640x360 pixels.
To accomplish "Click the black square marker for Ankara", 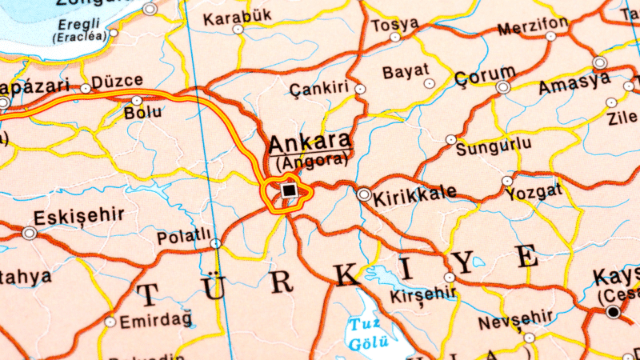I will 289,190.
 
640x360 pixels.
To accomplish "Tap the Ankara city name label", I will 310,143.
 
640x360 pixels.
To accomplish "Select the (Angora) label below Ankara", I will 311,160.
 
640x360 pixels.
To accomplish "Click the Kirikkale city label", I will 416,193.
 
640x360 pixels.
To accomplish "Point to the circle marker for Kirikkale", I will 364,194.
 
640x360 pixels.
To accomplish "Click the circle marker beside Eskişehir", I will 30,233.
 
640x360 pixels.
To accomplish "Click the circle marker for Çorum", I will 503,86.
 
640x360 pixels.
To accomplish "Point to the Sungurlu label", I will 498,143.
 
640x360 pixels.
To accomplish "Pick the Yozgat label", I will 538,190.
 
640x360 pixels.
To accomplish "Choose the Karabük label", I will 238,17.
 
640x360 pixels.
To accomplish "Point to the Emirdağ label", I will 156,321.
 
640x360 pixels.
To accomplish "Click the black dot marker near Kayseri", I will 613,311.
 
